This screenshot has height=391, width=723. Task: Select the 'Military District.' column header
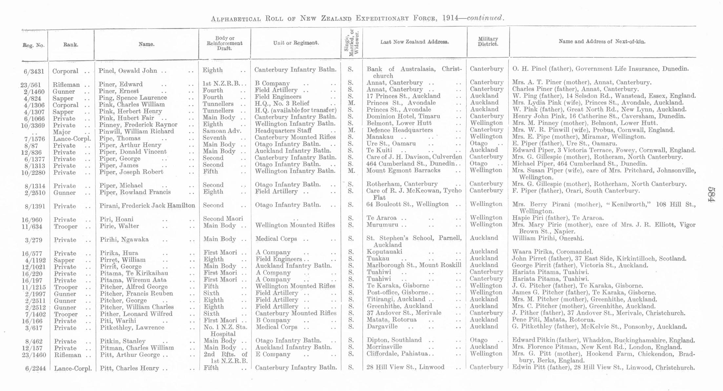click(x=488, y=41)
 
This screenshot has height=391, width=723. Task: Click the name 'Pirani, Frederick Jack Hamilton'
click(x=147, y=206)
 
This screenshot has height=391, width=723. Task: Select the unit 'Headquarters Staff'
click(x=283, y=131)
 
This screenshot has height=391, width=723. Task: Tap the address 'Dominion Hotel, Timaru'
click(x=403, y=116)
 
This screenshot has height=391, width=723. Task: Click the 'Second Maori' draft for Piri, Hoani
click(x=223, y=219)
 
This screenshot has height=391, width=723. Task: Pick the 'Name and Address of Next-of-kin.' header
click(x=602, y=42)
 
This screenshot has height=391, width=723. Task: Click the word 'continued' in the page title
click(x=485, y=18)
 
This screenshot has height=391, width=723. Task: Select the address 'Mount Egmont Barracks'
click(x=403, y=171)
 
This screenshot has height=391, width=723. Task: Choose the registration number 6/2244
click(x=35, y=368)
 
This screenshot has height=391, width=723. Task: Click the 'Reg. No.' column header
click(x=33, y=45)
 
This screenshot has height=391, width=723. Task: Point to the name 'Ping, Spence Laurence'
click(x=133, y=98)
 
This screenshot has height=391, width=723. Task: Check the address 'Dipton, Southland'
click(x=394, y=340)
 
